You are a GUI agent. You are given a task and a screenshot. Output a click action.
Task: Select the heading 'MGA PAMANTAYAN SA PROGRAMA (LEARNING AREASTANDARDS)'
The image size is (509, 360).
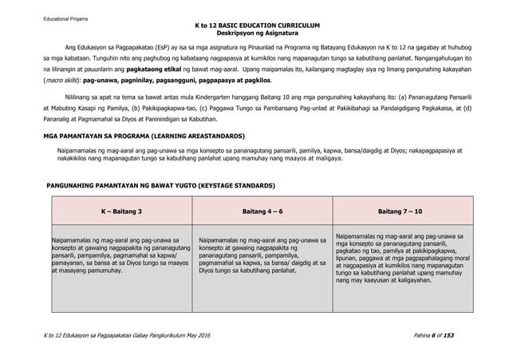[x=144, y=136]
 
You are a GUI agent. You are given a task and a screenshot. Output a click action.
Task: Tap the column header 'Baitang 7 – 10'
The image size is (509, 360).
[x=399, y=212]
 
